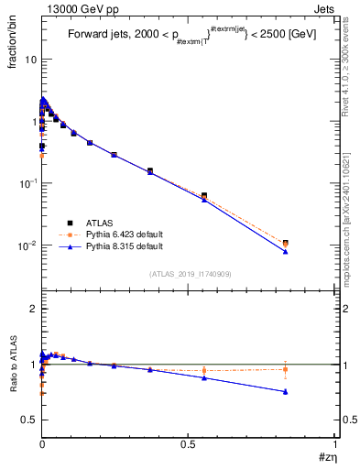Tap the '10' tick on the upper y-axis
click(29, 59)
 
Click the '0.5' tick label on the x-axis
click(189, 443)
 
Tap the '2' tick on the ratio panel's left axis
click(33, 310)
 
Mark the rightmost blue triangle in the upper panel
click(286, 251)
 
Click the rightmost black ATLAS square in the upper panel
click(286, 243)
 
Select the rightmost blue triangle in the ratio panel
click(286, 391)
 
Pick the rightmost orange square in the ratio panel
click(286, 370)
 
